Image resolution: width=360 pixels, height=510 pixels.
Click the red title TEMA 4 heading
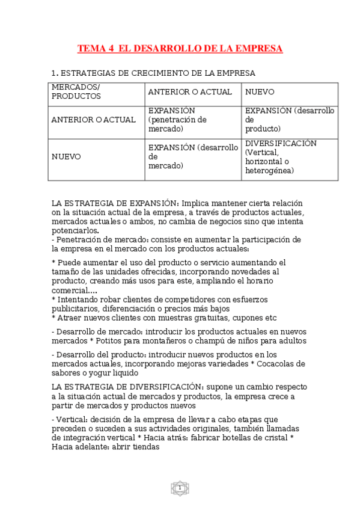click(180, 48)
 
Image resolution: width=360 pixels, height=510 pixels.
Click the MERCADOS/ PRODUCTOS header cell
click(76, 91)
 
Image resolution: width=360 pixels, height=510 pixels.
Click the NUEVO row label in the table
click(66, 156)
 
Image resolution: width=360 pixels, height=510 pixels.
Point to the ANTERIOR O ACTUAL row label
click(93, 120)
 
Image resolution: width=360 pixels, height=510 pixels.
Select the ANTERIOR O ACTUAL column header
click(189, 92)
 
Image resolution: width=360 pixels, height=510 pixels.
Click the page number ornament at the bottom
click(179, 488)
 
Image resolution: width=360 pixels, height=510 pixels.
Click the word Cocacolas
click(284, 364)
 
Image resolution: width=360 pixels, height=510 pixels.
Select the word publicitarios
click(76, 309)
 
